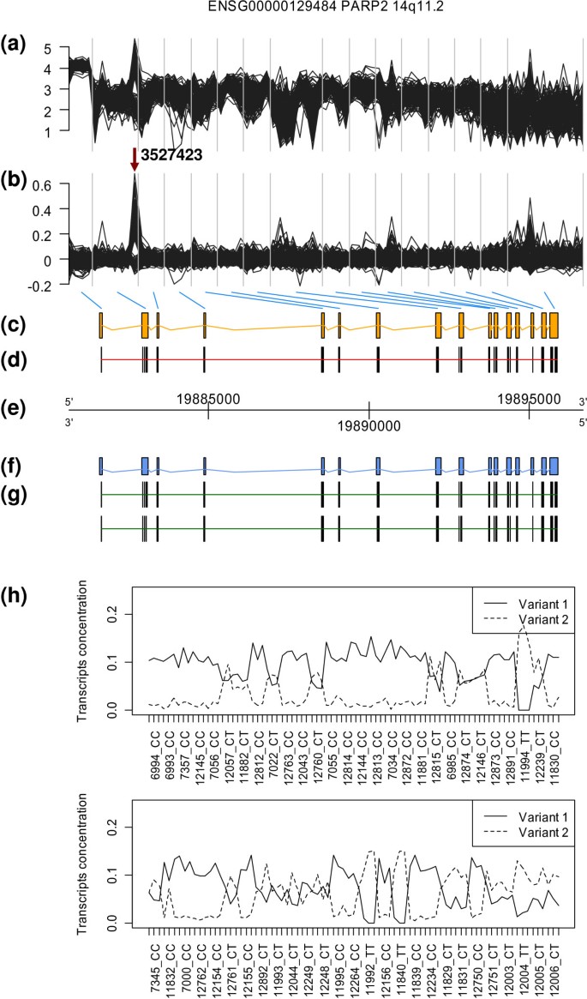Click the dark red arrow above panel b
tap(135, 160)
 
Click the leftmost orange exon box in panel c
tap(100, 327)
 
